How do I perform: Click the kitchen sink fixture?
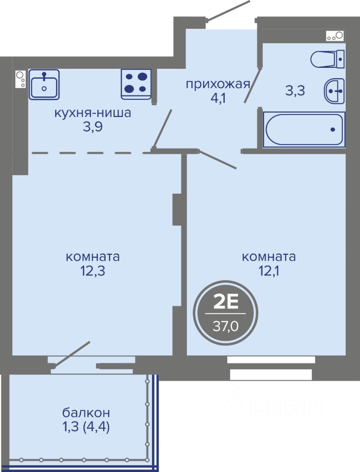[x=44, y=85]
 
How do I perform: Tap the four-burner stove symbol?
[x=136, y=84]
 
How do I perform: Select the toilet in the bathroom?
[x=328, y=59]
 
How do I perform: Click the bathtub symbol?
[x=304, y=130]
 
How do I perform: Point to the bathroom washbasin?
[x=334, y=91]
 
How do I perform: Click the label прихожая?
[x=218, y=85]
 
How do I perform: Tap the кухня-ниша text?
[x=93, y=113]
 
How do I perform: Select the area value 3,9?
[x=93, y=127]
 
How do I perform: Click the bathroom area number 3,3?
[x=295, y=90]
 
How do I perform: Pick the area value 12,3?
[x=92, y=271]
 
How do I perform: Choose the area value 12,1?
[x=269, y=271]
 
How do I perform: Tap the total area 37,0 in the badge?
[x=226, y=325]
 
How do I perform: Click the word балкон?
[x=86, y=413]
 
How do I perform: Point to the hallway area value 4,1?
[x=218, y=98]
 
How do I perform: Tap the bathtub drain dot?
[x=332, y=130]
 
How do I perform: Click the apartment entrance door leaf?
[x=228, y=11]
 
